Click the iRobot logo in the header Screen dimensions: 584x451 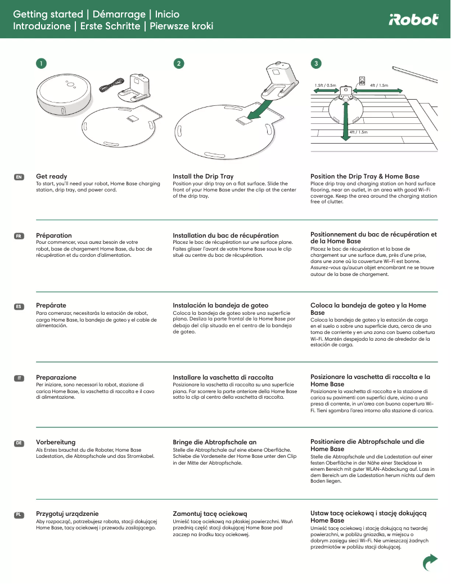point(413,20)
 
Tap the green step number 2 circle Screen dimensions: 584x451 point(178,64)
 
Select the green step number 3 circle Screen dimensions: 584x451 point(317,64)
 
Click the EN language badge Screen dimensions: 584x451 point(19,177)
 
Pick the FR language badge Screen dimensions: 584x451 point(19,235)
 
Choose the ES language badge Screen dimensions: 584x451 point(19,306)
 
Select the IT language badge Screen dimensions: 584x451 point(19,377)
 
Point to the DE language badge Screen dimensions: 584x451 point(19,443)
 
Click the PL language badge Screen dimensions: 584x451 point(19,514)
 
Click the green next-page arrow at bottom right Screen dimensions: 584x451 point(430,561)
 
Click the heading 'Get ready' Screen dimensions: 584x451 point(51,176)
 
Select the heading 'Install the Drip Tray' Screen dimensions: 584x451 point(203,176)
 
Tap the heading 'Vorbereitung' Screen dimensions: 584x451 point(56,443)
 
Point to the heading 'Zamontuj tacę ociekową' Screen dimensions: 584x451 point(210,514)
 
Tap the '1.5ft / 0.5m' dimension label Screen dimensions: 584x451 point(325,85)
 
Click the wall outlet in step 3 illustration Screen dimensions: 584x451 point(362,81)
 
